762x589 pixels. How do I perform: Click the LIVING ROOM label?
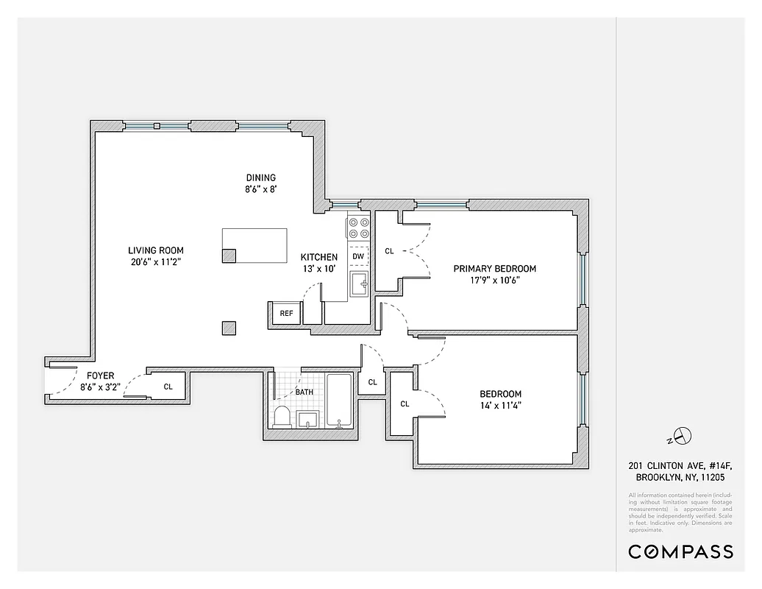(155, 250)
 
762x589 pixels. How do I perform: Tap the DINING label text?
(260, 177)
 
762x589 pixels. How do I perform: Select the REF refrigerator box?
(287, 313)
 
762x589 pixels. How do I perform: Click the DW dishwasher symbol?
(358, 256)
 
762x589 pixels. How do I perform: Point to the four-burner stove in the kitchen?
(358, 228)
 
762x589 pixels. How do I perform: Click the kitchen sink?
(359, 283)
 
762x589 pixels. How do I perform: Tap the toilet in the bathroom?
(282, 417)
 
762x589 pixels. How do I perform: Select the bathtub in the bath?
(339, 401)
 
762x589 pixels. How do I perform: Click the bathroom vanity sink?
(308, 420)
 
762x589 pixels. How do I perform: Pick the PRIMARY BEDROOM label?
(494, 269)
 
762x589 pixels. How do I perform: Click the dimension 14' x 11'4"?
(500, 405)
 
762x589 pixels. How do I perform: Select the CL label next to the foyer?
(168, 387)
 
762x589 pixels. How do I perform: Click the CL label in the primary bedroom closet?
(389, 251)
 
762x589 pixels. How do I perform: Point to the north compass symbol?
(682, 436)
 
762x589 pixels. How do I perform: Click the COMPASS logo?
(680, 551)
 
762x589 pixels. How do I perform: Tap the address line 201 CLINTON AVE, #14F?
(680, 465)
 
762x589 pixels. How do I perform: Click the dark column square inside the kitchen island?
(229, 255)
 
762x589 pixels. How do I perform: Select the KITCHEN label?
(319, 257)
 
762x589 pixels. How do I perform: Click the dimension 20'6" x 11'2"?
(155, 261)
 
